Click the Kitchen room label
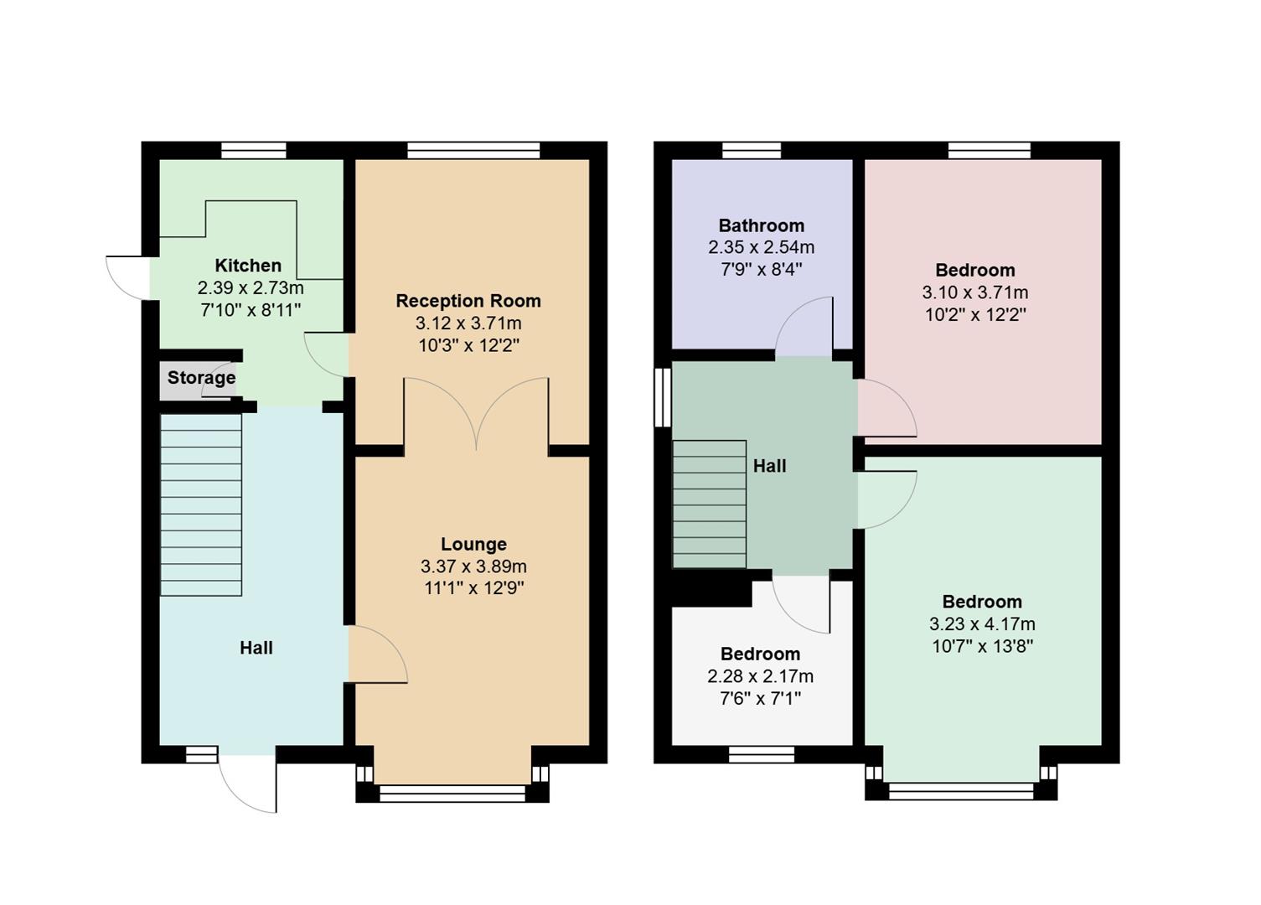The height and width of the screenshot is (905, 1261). pyautogui.click(x=248, y=266)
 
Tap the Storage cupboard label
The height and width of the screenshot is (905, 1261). pyautogui.click(x=201, y=377)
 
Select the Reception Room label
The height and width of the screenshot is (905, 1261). pyautogui.click(x=468, y=301)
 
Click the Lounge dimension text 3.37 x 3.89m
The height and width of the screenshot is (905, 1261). pyautogui.click(x=473, y=566)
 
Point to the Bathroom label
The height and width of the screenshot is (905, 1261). pyautogui.click(x=761, y=225)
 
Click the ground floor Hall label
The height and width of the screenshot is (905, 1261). pyautogui.click(x=256, y=648)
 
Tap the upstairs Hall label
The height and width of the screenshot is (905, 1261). pyautogui.click(x=769, y=466)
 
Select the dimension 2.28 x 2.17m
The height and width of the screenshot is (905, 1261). pyautogui.click(x=760, y=676)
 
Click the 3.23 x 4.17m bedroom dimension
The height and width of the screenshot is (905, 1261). pyautogui.click(x=982, y=624)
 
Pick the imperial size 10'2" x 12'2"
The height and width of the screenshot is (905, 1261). pyautogui.click(x=975, y=315)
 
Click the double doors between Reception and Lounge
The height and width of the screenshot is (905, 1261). pyautogui.click(x=476, y=415)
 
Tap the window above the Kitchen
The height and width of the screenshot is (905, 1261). pyautogui.click(x=254, y=151)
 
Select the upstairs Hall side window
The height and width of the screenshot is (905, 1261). pyautogui.click(x=663, y=397)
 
